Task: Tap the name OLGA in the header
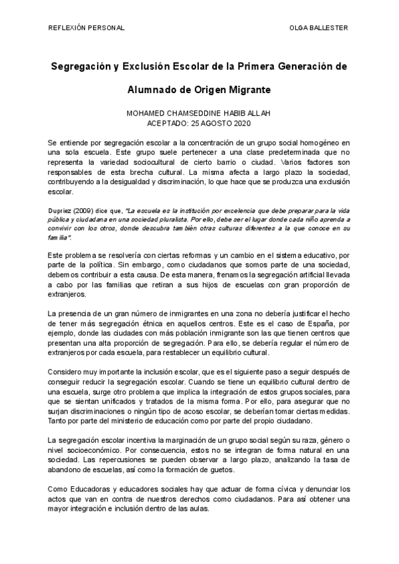pos(301,27)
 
